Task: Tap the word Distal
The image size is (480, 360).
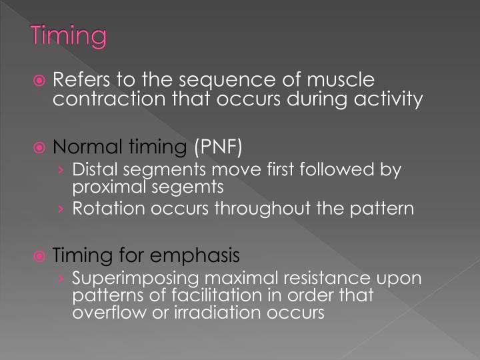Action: [93, 169]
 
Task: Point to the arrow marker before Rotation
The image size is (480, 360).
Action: [61, 209]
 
